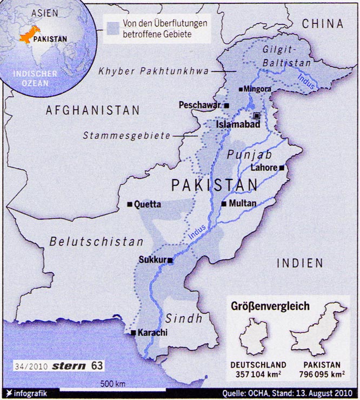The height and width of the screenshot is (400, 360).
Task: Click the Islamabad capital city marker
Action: (257, 116)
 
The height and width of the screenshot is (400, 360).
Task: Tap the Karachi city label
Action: (152, 332)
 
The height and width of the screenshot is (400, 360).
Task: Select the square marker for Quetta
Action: (130, 204)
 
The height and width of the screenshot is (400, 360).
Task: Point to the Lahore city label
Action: (263, 168)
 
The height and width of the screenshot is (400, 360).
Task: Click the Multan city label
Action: (242, 203)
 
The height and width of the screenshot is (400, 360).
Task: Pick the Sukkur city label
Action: (152, 259)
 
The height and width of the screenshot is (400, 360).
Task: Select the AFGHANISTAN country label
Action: (92, 110)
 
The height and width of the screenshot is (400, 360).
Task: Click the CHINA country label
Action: (323, 23)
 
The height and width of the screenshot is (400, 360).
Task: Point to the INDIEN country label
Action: (299, 263)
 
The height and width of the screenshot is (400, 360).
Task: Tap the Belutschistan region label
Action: (97, 242)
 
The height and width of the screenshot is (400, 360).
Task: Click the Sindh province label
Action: (184, 318)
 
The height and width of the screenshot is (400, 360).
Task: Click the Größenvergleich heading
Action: (270, 306)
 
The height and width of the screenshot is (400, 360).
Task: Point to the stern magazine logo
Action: (69, 365)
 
